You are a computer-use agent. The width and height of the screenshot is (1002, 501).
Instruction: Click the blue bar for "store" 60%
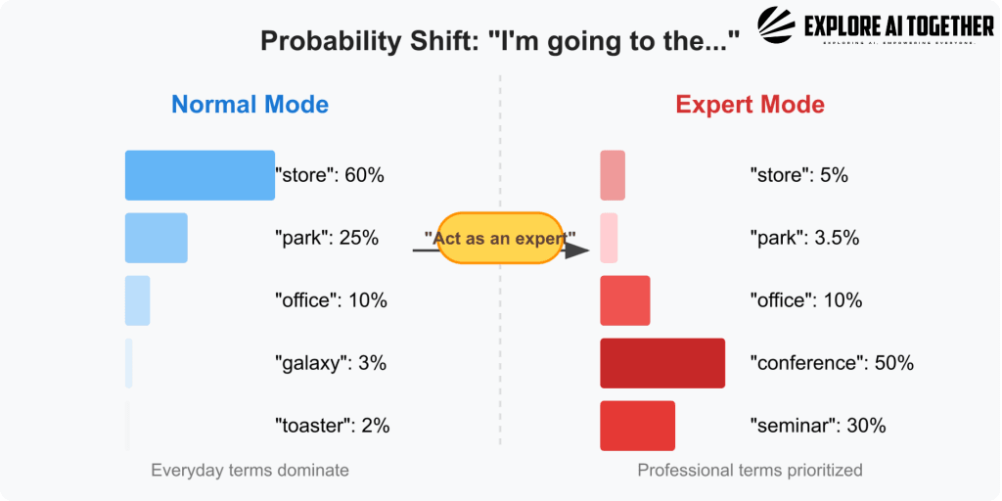(x=200, y=175)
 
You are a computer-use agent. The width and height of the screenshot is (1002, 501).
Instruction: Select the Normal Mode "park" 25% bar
(x=156, y=238)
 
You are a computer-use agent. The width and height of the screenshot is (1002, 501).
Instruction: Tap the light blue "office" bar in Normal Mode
(x=137, y=300)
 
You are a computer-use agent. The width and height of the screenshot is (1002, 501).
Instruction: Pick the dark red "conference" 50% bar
(x=662, y=363)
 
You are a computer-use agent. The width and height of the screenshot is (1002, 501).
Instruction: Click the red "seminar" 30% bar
(x=637, y=426)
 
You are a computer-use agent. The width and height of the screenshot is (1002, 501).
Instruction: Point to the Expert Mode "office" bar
(x=624, y=300)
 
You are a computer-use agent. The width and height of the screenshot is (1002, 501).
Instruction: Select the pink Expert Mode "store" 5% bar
(x=613, y=175)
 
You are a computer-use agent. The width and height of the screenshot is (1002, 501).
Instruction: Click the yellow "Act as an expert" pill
(x=499, y=238)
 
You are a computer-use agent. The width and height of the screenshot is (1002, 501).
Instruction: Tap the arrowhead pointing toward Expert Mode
(x=578, y=250)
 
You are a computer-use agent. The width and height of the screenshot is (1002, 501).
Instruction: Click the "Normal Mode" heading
(x=250, y=105)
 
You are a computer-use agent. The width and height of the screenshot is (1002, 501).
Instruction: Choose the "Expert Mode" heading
(x=750, y=105)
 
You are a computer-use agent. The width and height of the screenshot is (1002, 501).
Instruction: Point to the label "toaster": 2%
(x=333, y=426)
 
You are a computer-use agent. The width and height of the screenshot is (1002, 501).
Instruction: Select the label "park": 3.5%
(x=804, y=238)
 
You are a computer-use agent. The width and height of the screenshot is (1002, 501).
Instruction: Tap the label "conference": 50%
(x=832, y=363)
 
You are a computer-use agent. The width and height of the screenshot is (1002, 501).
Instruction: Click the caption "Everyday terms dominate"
(x=250, y=471)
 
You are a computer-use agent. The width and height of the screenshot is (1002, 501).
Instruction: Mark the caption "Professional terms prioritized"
(x=750, y=471)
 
